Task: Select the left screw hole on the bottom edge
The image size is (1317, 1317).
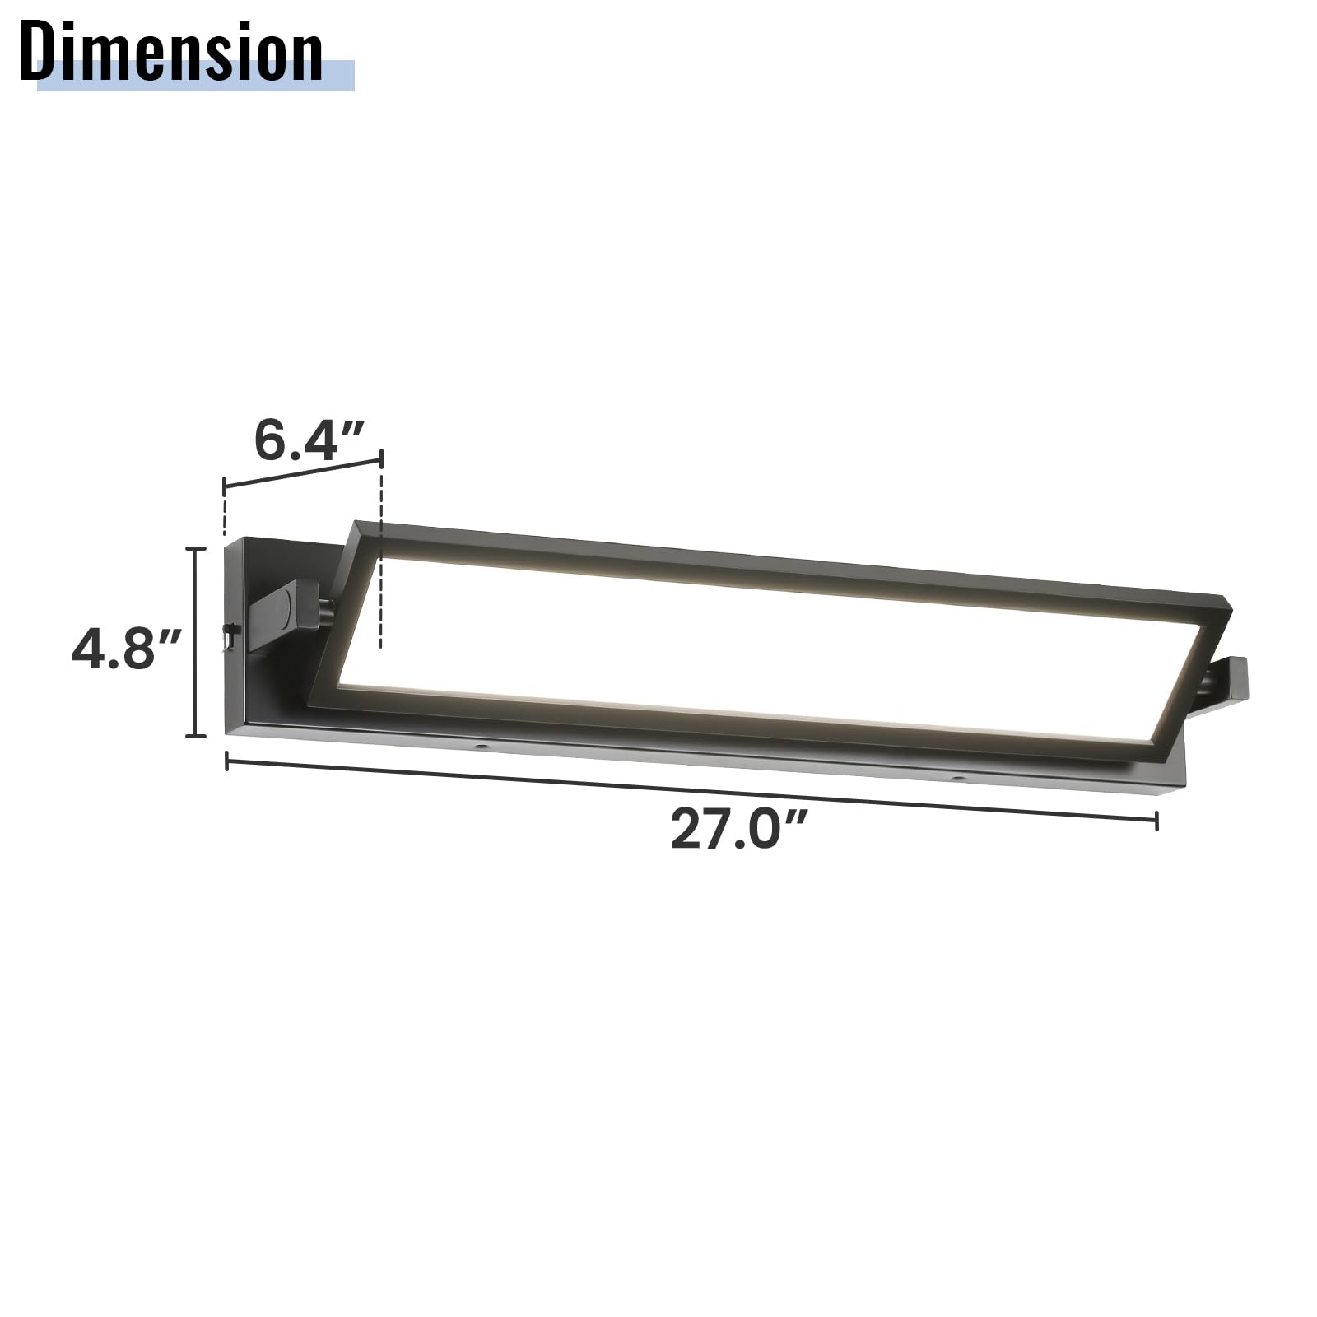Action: click(480, 747)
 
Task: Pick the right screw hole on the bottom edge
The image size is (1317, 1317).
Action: click(956, 776)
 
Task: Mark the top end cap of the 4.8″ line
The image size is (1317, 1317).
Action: click(195, 548)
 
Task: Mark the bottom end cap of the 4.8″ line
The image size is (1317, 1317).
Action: click(195, 735)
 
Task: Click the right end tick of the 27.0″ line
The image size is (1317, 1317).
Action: click(1156, 820)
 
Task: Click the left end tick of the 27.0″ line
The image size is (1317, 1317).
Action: click(227, 761)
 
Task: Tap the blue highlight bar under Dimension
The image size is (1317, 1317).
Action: click(337, 76)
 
